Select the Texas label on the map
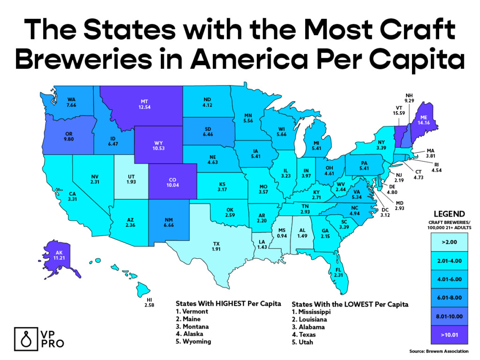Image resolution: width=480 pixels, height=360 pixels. click(216, 244)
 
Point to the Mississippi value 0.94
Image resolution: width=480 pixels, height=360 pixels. click(282, 236)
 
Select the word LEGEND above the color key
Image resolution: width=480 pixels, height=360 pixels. click(449, 214)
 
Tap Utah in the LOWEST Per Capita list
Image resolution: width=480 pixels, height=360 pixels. click(305, 342)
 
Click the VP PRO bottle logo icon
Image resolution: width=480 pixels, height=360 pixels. click(25, 337)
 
